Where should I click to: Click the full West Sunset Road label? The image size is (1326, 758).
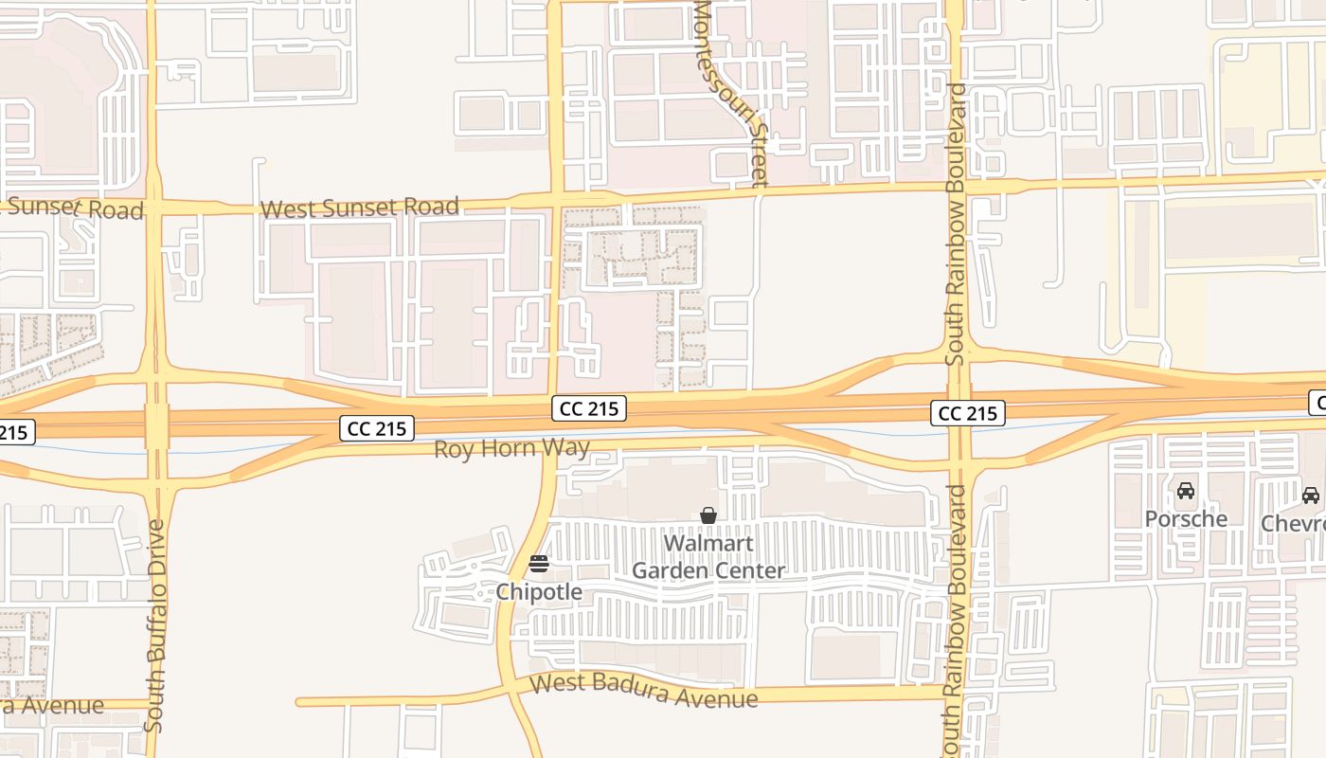360,207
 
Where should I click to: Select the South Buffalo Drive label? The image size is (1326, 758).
156,625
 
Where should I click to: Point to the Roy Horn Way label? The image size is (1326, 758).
511,447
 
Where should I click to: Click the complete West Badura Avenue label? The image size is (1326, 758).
644,691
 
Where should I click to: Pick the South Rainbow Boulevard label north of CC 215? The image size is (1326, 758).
957,225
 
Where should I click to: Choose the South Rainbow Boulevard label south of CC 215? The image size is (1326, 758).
957,621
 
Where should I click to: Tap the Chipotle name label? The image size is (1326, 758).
539,592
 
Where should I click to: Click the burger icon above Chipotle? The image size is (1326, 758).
539,565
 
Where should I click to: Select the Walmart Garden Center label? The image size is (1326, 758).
708,557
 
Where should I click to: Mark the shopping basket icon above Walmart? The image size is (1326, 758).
708,515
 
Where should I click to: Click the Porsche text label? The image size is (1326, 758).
1186,519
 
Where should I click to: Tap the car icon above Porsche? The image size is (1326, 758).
1186,491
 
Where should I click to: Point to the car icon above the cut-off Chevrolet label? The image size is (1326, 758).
1311,495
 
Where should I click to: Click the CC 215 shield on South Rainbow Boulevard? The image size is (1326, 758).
967,413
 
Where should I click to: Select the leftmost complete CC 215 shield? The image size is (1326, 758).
377,428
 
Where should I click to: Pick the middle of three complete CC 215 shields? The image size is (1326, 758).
589,408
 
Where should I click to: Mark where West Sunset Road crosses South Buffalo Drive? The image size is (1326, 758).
153,207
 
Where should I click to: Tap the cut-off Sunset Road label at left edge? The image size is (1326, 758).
72,208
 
